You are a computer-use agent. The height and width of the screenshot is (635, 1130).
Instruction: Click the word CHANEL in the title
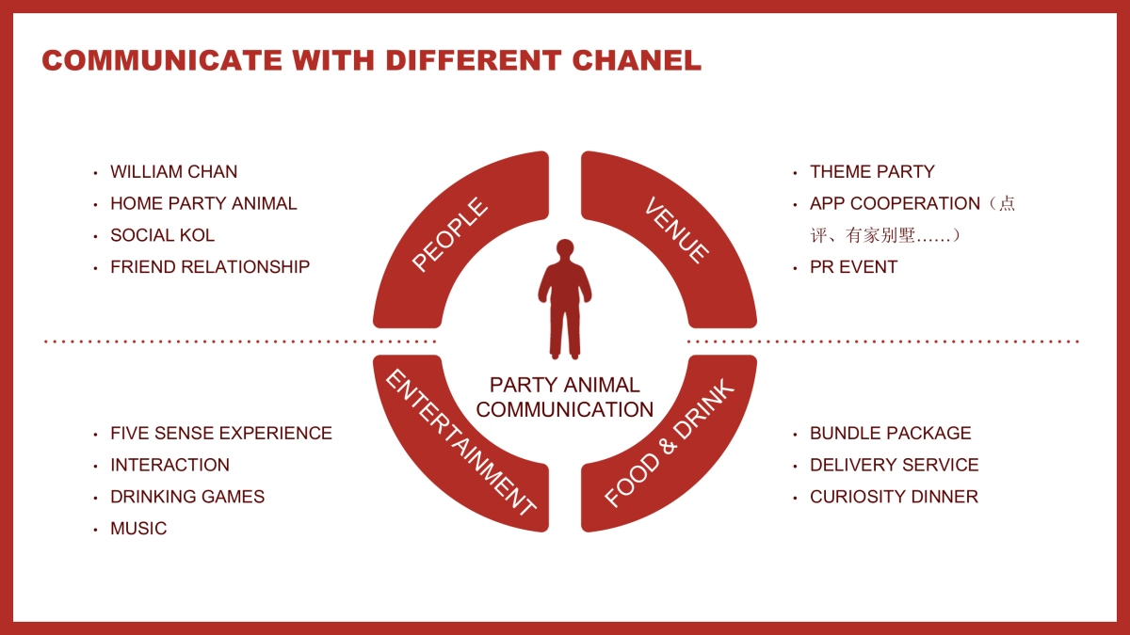coord(638,60)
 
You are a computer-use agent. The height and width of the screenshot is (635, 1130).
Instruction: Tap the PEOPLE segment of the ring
coord(450,235)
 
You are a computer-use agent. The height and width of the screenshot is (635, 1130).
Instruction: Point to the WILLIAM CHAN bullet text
coord(173,172)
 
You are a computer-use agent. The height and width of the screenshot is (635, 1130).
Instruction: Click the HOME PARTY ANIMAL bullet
coord(203,203)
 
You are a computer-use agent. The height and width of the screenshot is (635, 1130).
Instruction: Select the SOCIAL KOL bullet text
coord(162,235)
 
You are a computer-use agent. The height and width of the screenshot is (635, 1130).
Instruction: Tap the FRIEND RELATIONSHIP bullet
coord(210,267)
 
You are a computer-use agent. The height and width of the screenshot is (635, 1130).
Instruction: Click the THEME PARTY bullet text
coord(872,172)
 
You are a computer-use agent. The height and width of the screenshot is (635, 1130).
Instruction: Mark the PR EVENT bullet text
coord(853,267)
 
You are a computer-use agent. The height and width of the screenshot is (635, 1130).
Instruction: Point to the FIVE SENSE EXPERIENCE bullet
coord(221,434)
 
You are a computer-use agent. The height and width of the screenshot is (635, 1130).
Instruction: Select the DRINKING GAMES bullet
coord(187,497)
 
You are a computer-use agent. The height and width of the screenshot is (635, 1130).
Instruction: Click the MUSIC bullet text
coord(138,529)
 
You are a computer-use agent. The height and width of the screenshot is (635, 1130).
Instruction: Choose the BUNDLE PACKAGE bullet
coord(890,434)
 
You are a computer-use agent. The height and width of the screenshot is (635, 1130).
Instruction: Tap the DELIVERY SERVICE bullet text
coord(894,465)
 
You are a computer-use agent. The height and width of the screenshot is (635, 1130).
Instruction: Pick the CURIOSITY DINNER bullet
coord(894,497)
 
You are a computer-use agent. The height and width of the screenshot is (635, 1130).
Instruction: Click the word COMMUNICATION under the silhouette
coord(565,410)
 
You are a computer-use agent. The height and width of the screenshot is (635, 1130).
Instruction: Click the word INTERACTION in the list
coord(169,465)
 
